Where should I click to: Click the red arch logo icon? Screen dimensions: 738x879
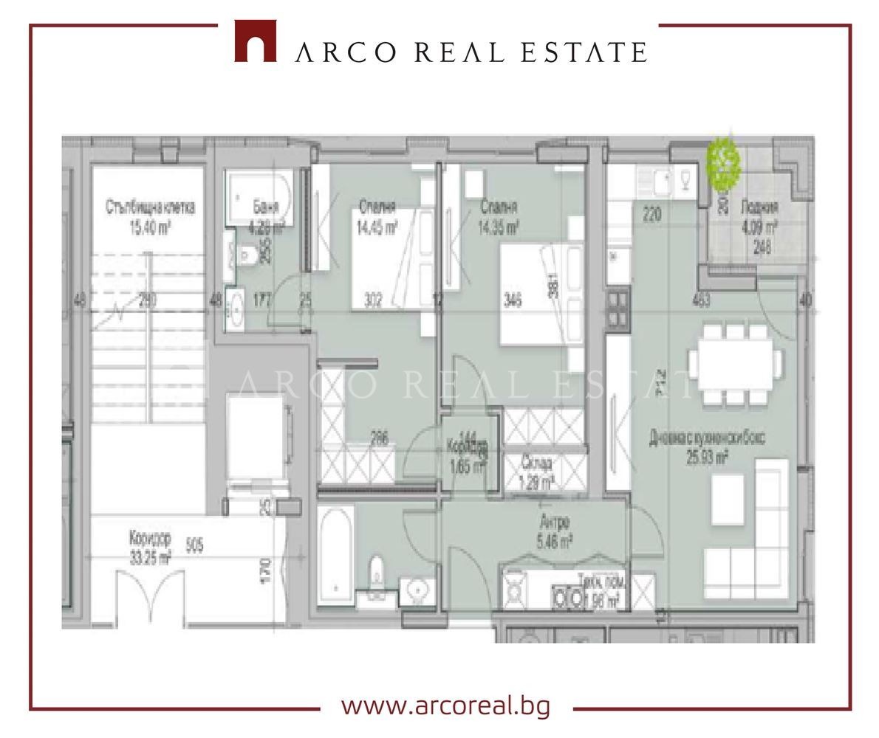(255, 41)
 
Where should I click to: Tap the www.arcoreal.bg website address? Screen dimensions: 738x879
(445, 706)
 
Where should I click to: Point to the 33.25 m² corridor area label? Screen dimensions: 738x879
(150, 559)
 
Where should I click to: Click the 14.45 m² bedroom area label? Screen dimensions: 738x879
(377, 230)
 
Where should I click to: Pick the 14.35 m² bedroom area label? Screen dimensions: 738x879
(498, 230)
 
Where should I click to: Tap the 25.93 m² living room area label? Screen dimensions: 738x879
(707, 458)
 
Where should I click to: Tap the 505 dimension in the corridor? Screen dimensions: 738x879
(195, 545)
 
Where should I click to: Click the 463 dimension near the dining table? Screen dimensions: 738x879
(701, 300)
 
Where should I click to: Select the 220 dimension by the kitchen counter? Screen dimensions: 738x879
(651, 215)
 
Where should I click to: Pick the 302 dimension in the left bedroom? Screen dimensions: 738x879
(374, 300)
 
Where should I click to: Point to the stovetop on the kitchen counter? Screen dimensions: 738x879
(617, 309)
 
